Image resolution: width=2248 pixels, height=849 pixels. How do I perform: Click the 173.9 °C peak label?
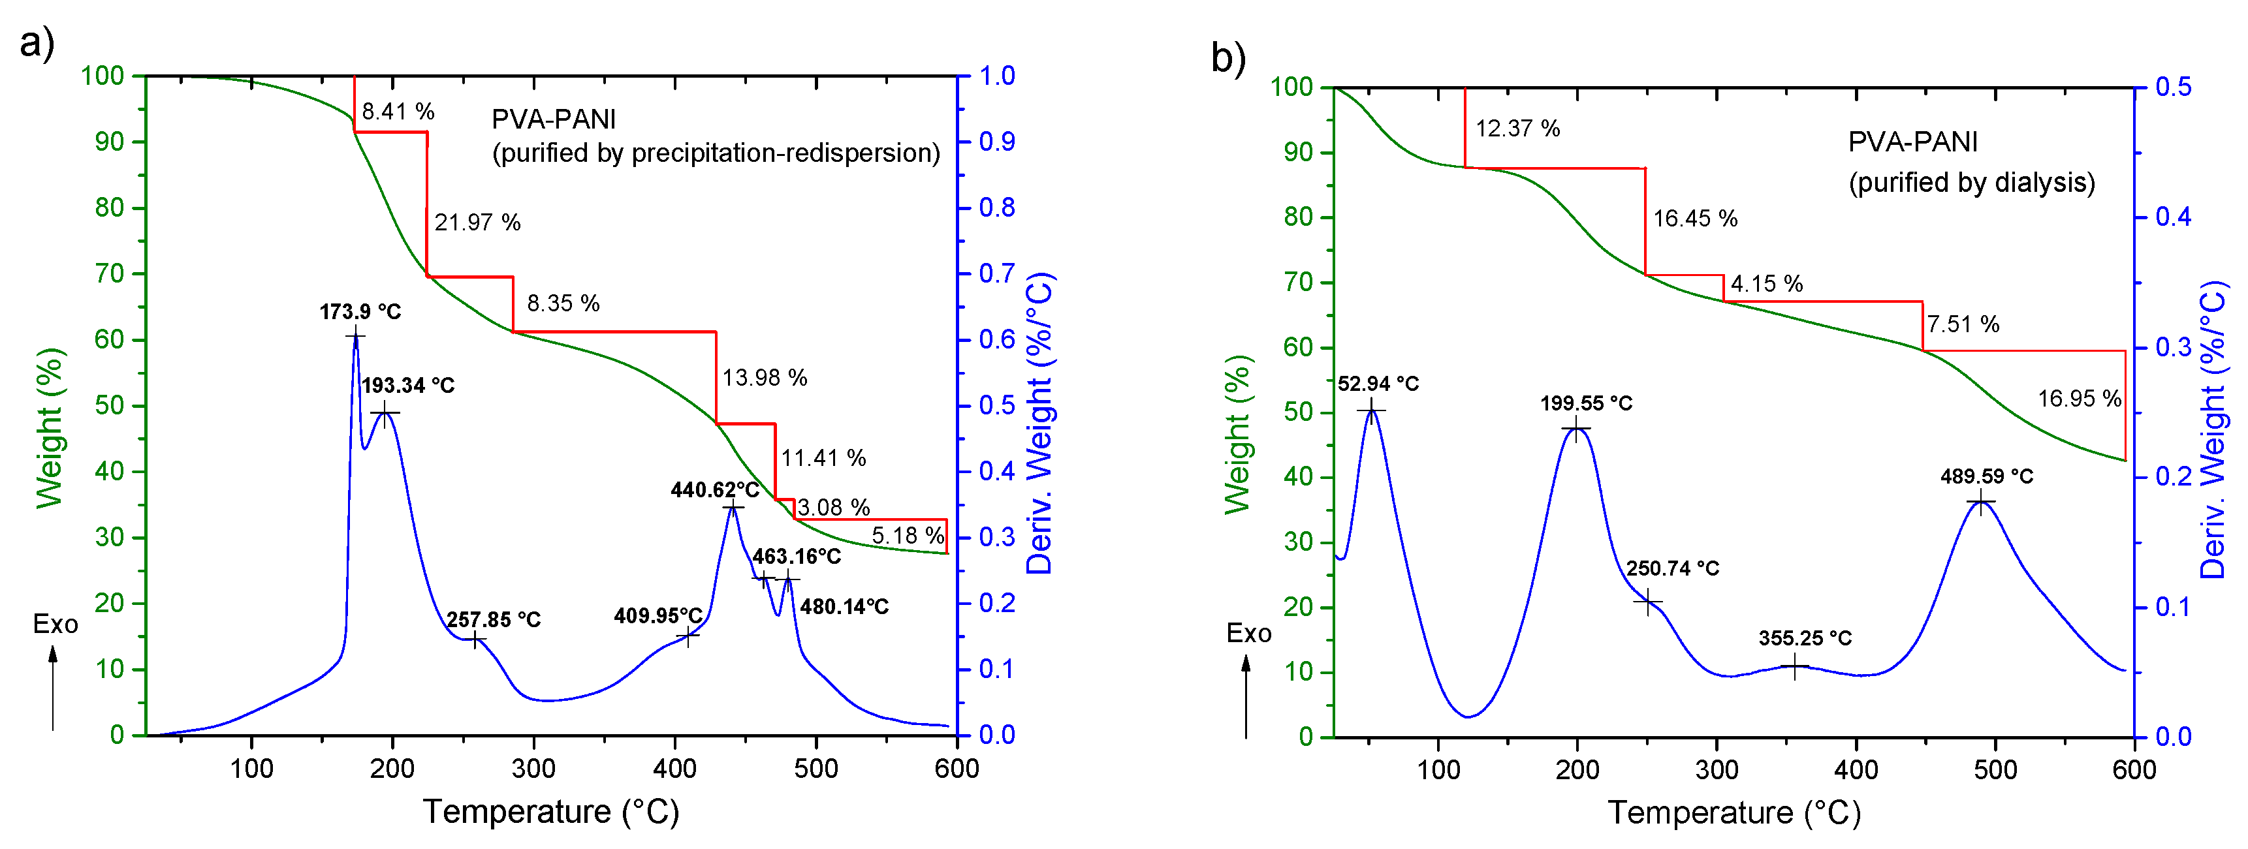pos(360,311)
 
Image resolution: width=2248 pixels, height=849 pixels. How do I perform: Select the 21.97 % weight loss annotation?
pos(477,223)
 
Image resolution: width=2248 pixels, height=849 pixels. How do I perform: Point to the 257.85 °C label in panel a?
pos(493,619)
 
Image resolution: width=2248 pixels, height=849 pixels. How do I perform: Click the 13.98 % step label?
pos(765,378)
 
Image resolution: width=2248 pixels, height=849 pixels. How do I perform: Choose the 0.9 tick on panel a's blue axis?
pos(996,142)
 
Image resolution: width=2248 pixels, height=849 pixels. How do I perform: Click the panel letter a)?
pos(37,42)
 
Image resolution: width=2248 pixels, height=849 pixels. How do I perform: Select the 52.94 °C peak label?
pos(1378,384)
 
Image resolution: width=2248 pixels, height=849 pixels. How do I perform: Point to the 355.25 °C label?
pos(1805,638)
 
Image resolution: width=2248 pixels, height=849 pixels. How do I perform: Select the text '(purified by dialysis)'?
pos(1971,182)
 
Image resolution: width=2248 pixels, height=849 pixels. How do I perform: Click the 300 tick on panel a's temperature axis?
pos(533,769)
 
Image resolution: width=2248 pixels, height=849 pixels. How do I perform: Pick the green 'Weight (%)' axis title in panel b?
pos(1237,434)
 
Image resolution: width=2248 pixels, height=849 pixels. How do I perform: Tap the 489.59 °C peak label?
pos(1986,476)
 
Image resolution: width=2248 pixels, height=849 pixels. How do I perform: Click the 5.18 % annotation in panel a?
pos(907,535)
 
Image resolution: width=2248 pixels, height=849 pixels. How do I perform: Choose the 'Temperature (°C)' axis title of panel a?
pos(550,812)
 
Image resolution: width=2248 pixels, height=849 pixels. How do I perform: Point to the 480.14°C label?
pos(844,606)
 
